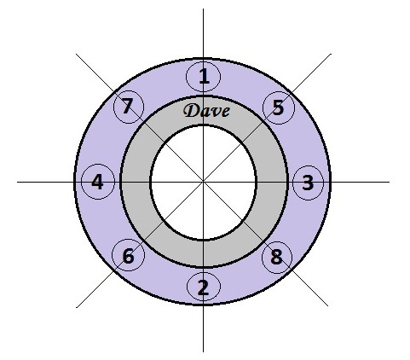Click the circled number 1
coord(204,77)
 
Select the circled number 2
coord(204,287)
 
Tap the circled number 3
coord(308,183)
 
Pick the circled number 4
coord(98,182)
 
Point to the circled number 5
coord(279,107)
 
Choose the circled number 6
coord(129,255)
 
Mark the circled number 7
coord(129,107)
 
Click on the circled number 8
coord(277,258)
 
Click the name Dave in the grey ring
coord(206,111)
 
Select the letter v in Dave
coord(215,113)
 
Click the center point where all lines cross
coord(203,182)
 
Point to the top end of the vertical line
coord(203,9)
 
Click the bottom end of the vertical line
coord(203,352)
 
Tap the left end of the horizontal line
coord(17,182)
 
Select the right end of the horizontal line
coord(390,182)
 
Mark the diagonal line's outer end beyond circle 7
coord(76,54)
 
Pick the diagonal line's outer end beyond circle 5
coord(331,54)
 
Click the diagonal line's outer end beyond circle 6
coord(77,307)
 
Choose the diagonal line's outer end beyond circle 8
coord(328,306)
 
